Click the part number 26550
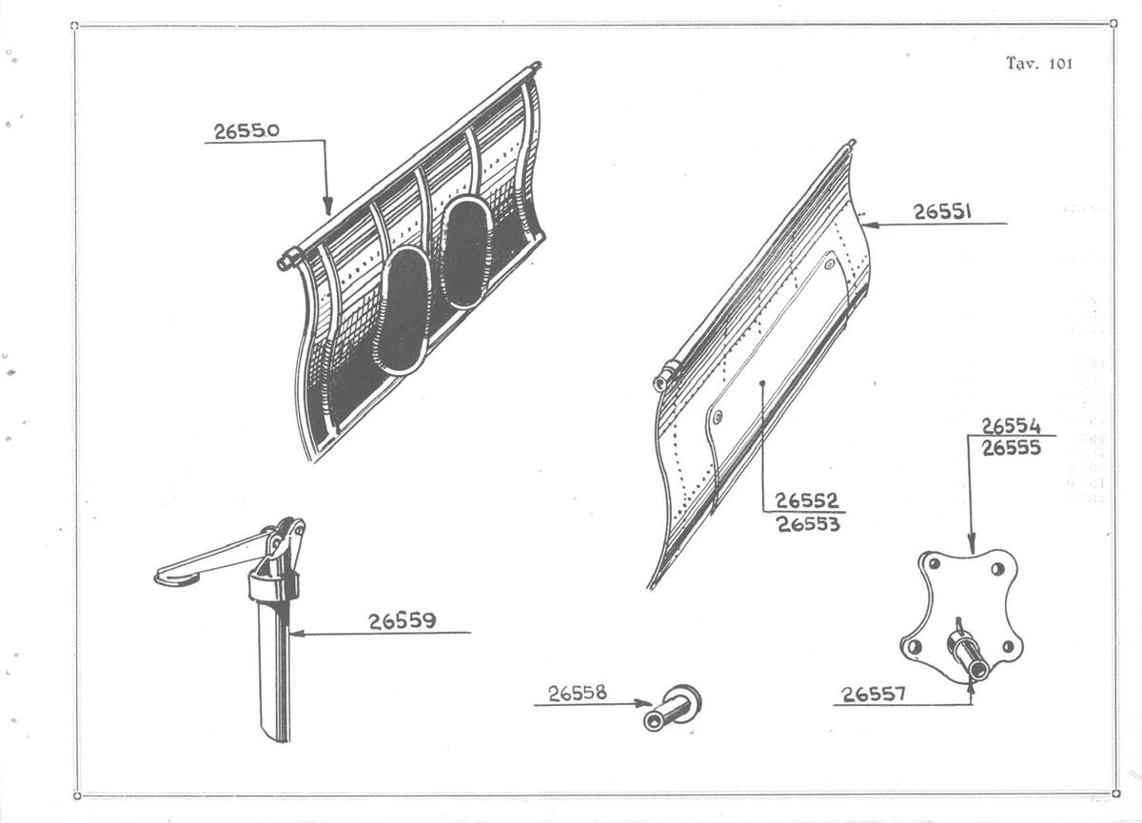246,131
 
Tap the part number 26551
942,211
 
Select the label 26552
807,500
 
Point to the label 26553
808,524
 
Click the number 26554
1011,425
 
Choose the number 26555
1011,448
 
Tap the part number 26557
874,694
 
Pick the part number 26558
578,693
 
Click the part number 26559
403,621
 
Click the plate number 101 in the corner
1061,64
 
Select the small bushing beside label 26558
672,708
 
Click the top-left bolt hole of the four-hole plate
934,563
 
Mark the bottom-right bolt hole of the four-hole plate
1008,647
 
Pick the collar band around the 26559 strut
273,585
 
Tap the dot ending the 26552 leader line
762,382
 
